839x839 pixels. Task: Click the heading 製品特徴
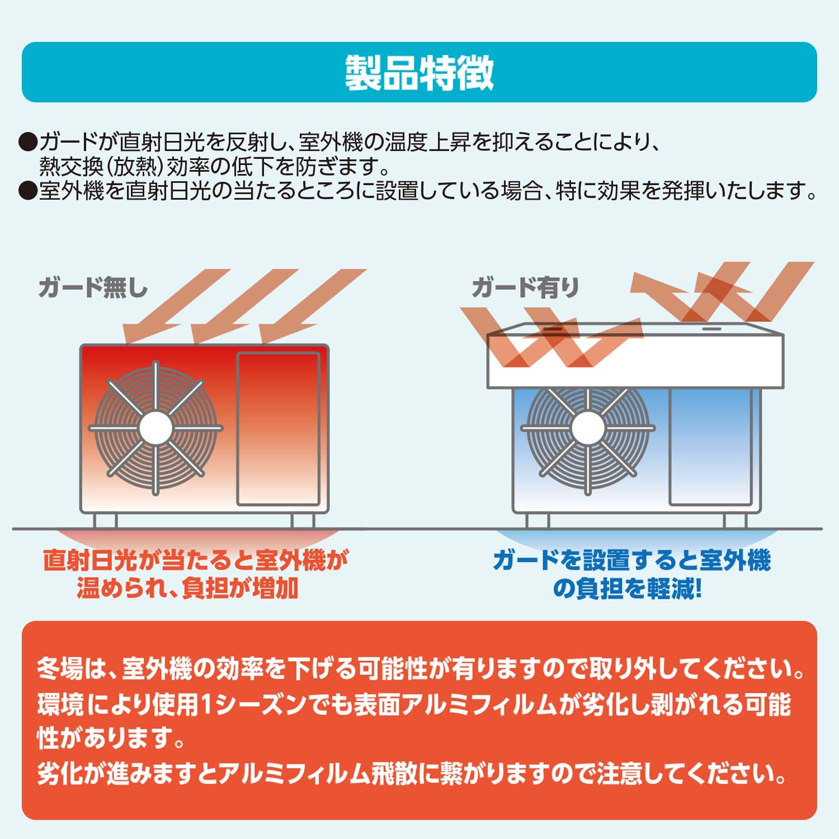(x=419, y=73)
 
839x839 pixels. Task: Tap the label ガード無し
(x=93, y=288)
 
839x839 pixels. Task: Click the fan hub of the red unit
(x=155, y=428)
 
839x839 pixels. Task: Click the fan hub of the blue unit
(x=587, y=428)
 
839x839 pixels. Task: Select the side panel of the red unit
(x=278, y=428)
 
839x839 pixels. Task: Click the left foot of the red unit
(x=105, y=521)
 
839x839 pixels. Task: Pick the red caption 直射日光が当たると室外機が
(x=196, y=560)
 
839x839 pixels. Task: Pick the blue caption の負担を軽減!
(x=627, y=588)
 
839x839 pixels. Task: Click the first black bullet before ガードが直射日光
(x=27, y=143)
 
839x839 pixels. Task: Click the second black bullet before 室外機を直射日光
(x=27, y=191)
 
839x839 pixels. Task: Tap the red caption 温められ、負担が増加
(x=187, y=588)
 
